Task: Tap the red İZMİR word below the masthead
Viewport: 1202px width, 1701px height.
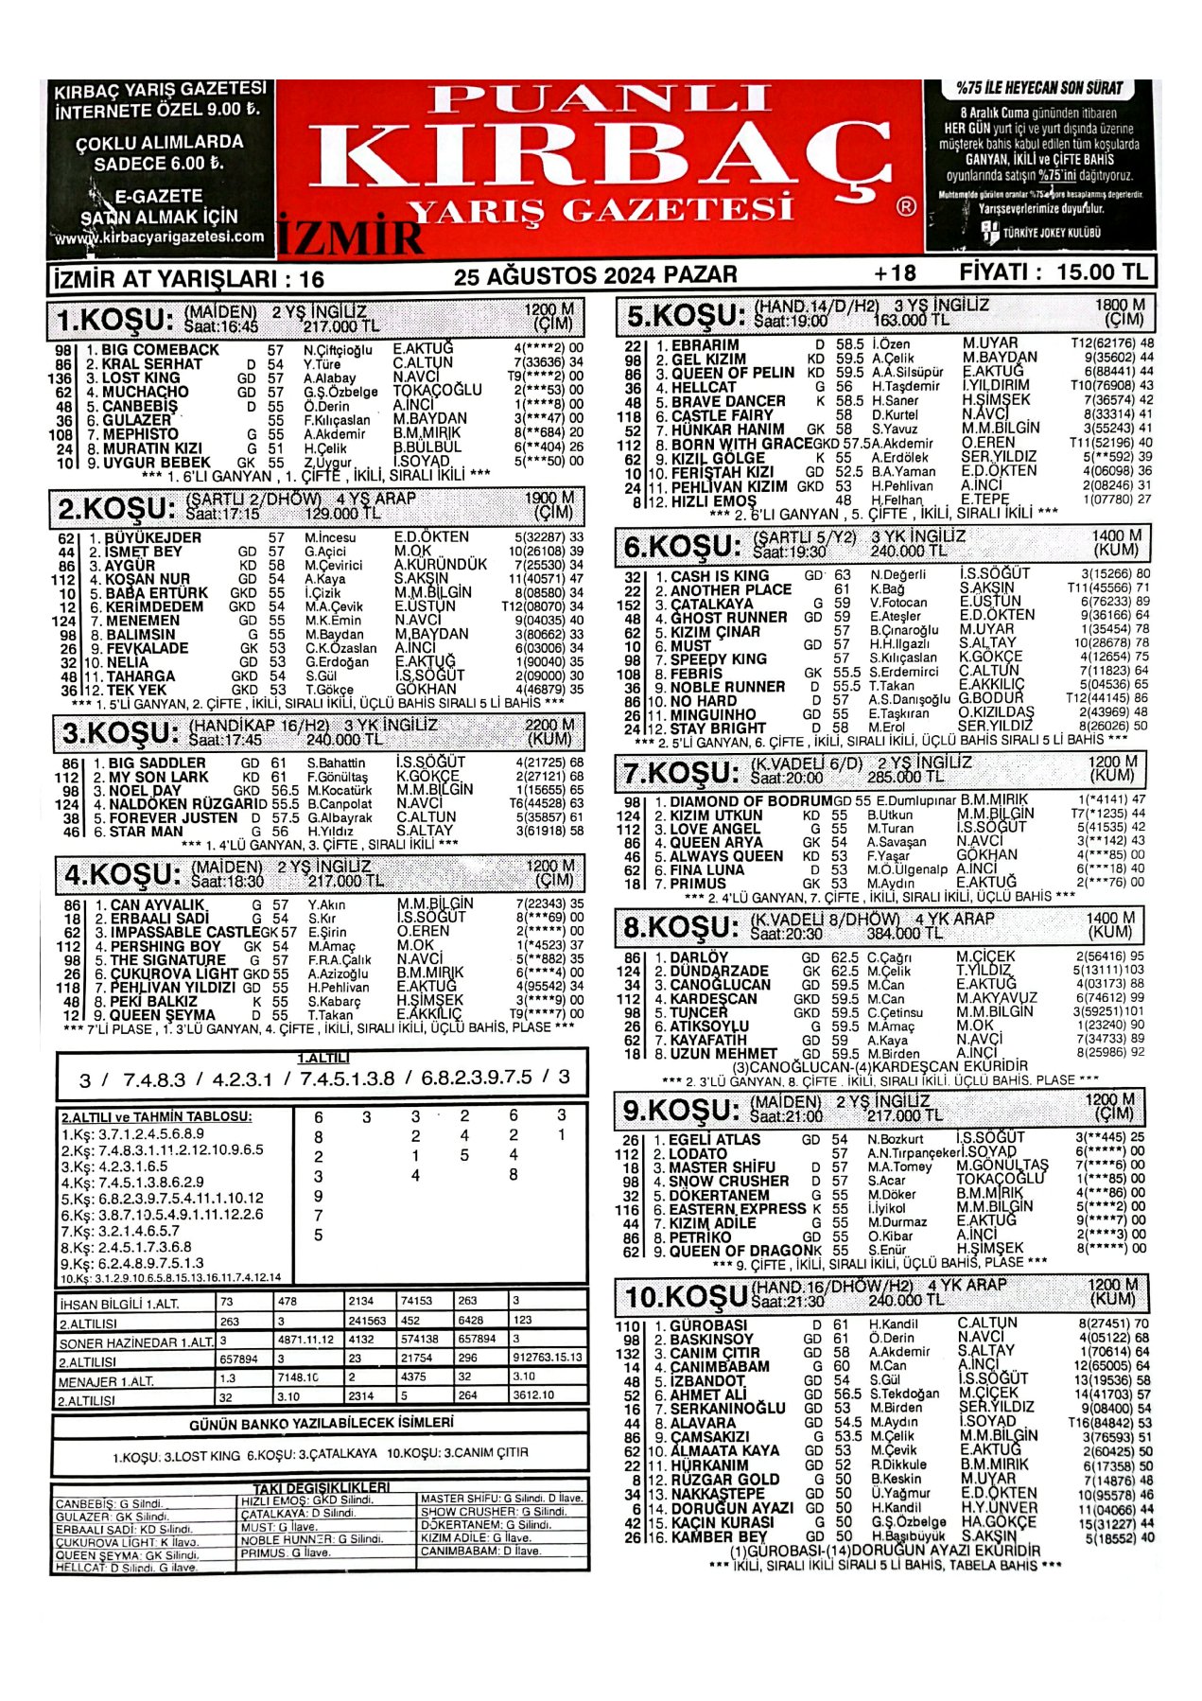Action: (x=350, y=237)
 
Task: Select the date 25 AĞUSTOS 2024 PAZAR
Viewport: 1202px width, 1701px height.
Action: (x=595, y=275)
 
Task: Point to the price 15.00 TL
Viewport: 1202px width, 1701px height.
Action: (x=1103, y=272)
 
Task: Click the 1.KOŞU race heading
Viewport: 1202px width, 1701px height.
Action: (x=114, y=320)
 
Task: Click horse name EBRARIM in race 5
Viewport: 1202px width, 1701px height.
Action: (x=705, y=345)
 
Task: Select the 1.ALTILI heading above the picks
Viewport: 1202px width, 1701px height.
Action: (x=323, y=1058)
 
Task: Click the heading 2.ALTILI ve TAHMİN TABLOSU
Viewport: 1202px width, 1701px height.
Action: (x=157, y=1116)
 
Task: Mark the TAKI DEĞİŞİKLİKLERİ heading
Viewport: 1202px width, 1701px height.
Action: (x=322, y=1487)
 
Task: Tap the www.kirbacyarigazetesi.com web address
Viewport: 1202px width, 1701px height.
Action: (x=159, y=237)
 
